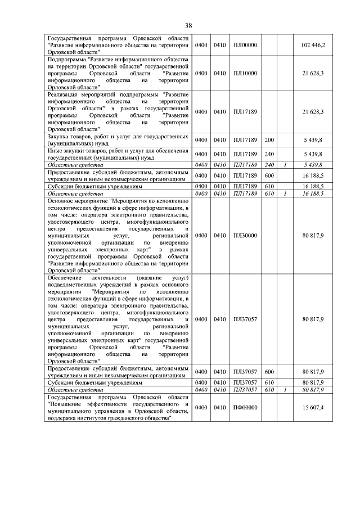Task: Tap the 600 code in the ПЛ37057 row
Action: (269, 372)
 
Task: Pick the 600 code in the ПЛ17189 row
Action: (269, 175)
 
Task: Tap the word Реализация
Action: (66, 95)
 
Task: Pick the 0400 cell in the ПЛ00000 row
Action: (201, 44)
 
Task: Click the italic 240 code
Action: (269, 165)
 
